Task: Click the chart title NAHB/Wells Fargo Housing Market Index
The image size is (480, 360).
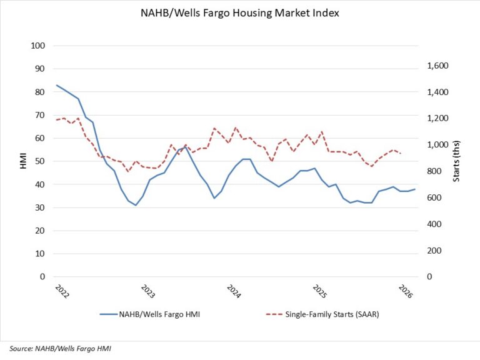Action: coord(241,13)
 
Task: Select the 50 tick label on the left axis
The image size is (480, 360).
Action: coord(39,161)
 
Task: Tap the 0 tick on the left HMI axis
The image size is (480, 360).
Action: coord(41,277)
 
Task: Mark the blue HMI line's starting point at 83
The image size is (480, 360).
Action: coord(56,85)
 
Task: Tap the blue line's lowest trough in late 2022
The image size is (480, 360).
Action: coord(136,205)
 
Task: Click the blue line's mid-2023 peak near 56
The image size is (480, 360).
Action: coord(186,147)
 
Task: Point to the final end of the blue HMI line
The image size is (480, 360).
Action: coord(415,189)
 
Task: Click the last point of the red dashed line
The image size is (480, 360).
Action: coord(401,153)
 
